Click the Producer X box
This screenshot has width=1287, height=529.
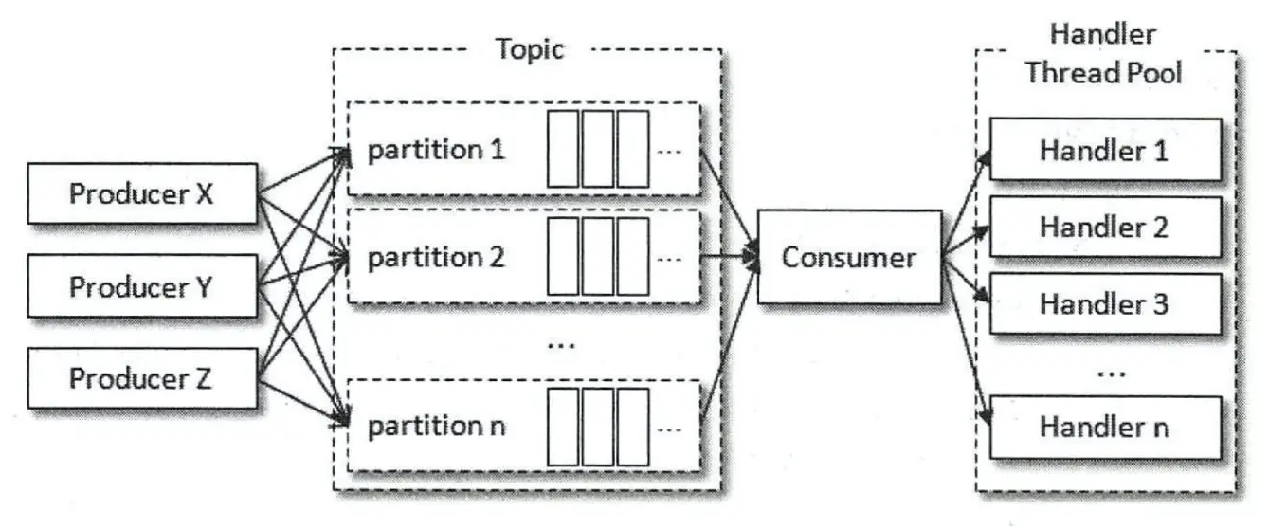click(x=141, y=195)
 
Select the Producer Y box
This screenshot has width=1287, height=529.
click(x=141, y=286)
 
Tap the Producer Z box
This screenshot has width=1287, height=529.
click(x=141, y=378)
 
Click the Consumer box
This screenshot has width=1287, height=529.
click(x=848, y=257)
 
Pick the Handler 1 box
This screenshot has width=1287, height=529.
click(x=1104, y=150)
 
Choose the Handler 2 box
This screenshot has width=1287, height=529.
click(x=1104, y=228)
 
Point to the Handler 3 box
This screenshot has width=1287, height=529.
click(x=1104, y=304)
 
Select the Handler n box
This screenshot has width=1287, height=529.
click(x=1104, y=427)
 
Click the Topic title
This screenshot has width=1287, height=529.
click(x=530, y=49)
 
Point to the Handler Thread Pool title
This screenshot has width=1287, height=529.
click(x=1103, y=54)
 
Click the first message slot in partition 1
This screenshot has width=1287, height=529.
click(x=562, y=149)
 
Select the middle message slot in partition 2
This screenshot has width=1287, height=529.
click(x=597, y=256)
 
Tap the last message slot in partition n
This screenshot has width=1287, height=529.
click(x=632, y=425)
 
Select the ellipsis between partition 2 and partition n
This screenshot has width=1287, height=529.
click(x=560, y=342)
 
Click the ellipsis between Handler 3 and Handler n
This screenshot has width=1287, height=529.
click(x=1105, y=373)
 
